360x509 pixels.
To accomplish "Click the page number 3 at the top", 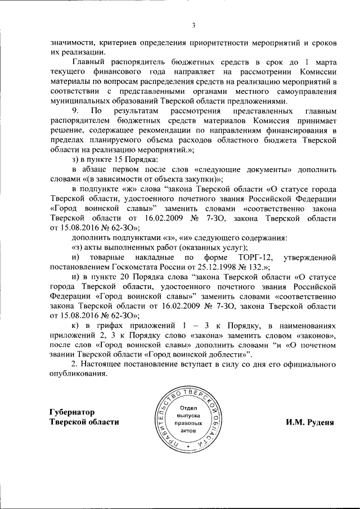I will [x=192, y=25].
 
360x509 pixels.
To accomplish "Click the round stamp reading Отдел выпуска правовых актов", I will [x=189, y=418].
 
